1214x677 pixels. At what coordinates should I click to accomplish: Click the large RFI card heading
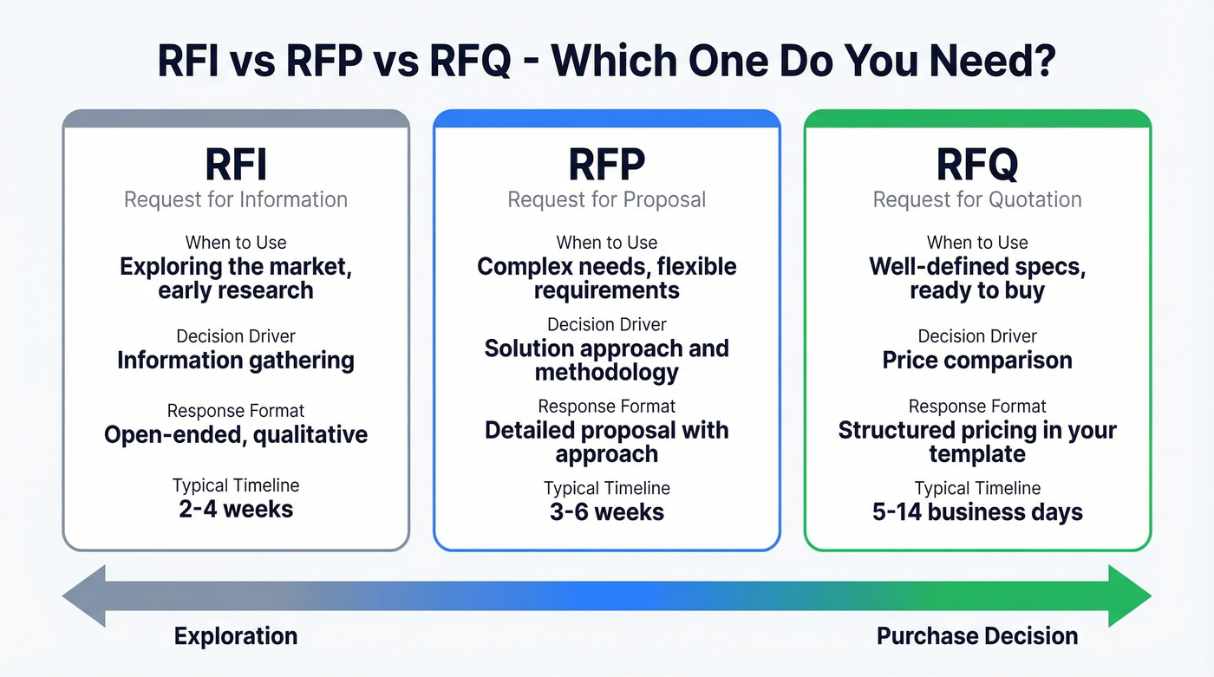point(235,164)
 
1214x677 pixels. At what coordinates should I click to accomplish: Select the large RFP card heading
point(607,164)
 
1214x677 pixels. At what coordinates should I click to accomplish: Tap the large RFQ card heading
point(977,164)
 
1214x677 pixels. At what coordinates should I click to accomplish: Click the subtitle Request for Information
point(235,199)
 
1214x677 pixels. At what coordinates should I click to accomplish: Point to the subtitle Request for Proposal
point(607,199)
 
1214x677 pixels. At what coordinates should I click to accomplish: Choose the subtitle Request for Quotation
point(977,199)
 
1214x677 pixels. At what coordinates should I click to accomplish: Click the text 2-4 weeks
point(235,508)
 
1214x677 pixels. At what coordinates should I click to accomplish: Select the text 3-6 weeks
point(607,511)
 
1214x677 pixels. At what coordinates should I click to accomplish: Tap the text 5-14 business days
point(977,511)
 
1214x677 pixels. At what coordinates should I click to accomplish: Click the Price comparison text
point(977,360)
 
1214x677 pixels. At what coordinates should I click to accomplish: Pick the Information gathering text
point(235,360)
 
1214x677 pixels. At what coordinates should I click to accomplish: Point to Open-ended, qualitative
point(235,434)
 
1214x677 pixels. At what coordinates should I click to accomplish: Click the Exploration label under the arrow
point(235,636)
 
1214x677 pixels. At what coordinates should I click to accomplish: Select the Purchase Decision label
point(977,636)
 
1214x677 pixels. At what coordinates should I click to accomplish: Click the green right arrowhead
point(1129,596)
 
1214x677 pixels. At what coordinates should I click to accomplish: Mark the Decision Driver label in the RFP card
point(607,325)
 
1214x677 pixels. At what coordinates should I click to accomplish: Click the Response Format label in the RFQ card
point(977,407)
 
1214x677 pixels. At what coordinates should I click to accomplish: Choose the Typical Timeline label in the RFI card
point(235,485)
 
